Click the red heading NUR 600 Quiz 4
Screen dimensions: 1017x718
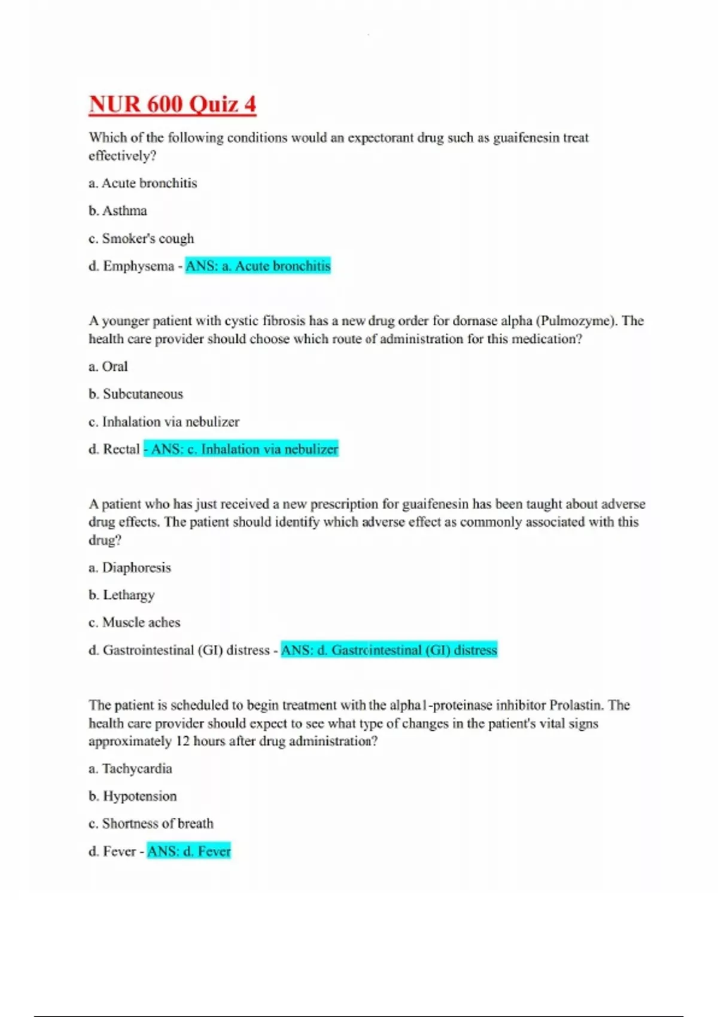[172, 104]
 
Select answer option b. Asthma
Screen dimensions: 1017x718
[118, 211]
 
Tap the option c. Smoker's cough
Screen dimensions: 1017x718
[141, 238]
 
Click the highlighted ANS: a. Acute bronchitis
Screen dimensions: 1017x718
[258, 266]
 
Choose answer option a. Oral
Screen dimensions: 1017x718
[108, 366]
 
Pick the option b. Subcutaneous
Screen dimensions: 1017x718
[136, 394]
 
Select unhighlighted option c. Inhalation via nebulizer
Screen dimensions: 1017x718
[164, 422]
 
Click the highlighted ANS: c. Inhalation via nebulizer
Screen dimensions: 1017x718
[241, 449]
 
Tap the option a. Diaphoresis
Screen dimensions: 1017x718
[130, 567]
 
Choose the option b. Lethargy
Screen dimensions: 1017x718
[121, 595]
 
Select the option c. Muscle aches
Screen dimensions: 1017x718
[135, 622]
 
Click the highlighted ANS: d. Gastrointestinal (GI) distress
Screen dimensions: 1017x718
[389, 650]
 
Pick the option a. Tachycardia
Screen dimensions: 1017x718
[130, 768]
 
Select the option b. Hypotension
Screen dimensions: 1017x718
[133, 796]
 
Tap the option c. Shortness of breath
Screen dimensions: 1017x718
[151, 823]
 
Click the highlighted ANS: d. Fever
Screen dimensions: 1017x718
[189, 851]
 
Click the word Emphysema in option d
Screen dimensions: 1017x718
[138, 266]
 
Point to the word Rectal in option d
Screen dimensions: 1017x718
[121, 449]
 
